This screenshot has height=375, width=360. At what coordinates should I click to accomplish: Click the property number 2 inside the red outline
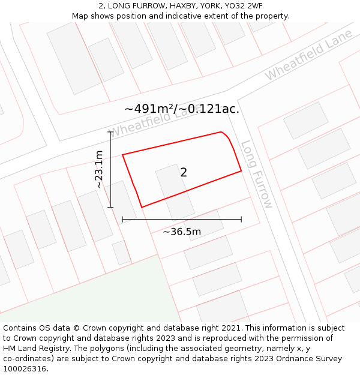pos(184,173)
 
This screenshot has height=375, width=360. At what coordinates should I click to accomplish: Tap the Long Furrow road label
pos(257,175)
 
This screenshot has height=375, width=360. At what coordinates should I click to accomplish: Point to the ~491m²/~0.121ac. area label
pos(182,109)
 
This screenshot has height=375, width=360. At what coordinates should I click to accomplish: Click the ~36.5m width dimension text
pos(182,232)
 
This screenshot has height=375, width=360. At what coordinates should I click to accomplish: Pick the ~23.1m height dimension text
pos(100,170)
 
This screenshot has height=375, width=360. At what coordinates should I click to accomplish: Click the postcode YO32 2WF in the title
pos(243,6)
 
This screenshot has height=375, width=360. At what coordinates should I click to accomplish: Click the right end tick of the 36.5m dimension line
pos(241,220)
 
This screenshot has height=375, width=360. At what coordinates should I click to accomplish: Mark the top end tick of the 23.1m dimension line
pos(110,132)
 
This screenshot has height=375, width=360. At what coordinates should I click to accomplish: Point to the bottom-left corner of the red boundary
pos(142,208)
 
